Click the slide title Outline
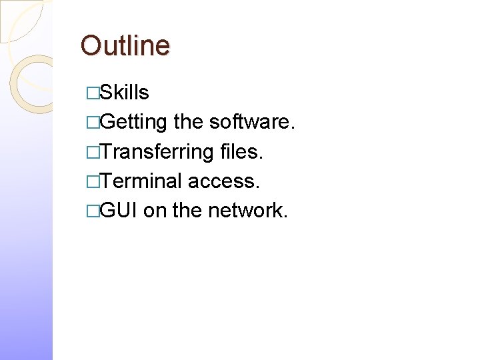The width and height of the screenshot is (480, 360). [125, 45]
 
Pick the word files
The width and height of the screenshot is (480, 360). [242, 151]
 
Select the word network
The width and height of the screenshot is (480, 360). [248, 210]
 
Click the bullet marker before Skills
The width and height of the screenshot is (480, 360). [93, 93]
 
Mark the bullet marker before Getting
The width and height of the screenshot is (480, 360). [93, 123]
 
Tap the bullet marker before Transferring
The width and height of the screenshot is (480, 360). [93, 152]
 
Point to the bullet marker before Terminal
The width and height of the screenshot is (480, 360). [93, 181]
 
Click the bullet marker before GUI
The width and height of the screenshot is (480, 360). [93, 211]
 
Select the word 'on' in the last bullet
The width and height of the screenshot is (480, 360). [155, 211]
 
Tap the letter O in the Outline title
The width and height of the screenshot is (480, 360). [90, 45]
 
